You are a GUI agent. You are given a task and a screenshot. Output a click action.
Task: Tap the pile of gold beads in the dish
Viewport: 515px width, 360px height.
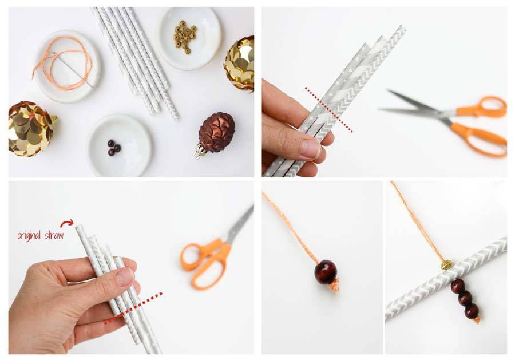pos(185,37)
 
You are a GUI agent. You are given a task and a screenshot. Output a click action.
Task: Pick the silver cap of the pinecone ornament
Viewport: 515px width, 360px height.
pos(199,152)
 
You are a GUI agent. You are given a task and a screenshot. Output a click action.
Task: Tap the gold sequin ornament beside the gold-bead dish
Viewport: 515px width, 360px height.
pos(240,64)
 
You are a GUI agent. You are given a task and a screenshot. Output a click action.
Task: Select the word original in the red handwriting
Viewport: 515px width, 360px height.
pos(29,235)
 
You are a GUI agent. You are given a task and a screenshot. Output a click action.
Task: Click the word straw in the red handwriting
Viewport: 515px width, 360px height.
pos(54,235)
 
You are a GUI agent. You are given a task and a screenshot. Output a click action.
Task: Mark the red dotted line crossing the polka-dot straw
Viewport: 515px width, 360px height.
pos(329,110)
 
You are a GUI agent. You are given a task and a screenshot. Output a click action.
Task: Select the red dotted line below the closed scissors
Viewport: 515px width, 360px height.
pos(133,308)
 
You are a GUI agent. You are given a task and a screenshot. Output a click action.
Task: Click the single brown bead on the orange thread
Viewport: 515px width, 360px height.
pos(326,272)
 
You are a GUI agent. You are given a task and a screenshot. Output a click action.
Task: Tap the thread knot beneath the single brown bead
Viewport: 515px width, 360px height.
pos(334,286)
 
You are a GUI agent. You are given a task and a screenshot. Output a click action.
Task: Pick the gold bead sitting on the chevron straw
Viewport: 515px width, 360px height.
pos(446,264)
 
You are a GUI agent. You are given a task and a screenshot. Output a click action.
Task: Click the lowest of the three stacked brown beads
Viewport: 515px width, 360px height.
pos(472,311)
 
